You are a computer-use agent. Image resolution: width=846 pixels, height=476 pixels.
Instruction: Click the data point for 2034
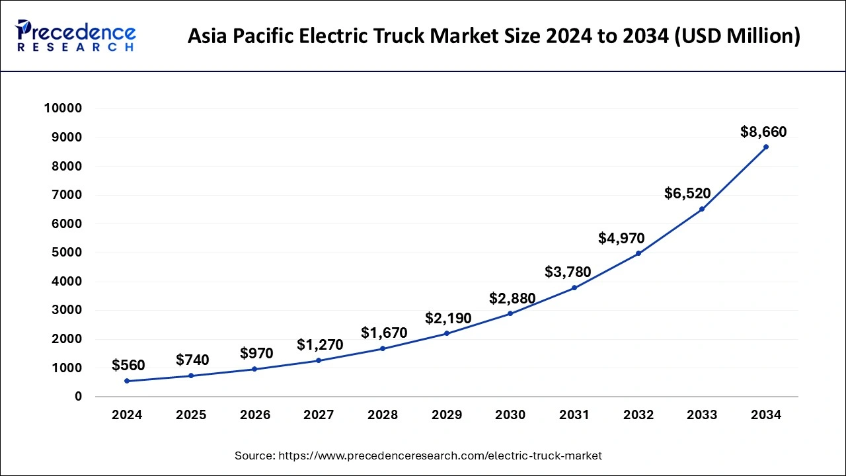765,147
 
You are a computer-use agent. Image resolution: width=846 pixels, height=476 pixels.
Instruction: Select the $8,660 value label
763,132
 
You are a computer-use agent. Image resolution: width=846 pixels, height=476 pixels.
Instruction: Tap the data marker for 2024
127,381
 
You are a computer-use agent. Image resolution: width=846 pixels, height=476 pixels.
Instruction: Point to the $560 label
128,365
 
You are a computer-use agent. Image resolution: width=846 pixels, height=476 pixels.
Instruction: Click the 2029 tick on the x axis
446,415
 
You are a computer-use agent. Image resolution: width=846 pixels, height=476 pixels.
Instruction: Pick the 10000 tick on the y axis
63,108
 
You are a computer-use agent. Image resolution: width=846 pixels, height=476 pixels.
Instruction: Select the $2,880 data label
512,298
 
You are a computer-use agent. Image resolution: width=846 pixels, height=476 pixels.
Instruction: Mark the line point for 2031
574,288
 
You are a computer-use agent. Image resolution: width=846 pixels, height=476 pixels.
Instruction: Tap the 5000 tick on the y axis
67,253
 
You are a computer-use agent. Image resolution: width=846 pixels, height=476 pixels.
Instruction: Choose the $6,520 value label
687,194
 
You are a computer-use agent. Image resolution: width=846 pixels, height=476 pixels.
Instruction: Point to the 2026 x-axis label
254,415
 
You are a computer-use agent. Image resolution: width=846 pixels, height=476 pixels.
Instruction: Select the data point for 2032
638,253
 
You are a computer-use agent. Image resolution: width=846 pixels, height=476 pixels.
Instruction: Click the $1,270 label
320,344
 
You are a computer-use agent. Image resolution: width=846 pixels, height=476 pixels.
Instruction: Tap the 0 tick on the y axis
78,397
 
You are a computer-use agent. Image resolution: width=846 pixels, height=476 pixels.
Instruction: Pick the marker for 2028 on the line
382,348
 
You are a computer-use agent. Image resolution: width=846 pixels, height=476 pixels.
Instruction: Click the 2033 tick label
701,415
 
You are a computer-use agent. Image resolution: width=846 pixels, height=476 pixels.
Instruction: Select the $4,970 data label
621,238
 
